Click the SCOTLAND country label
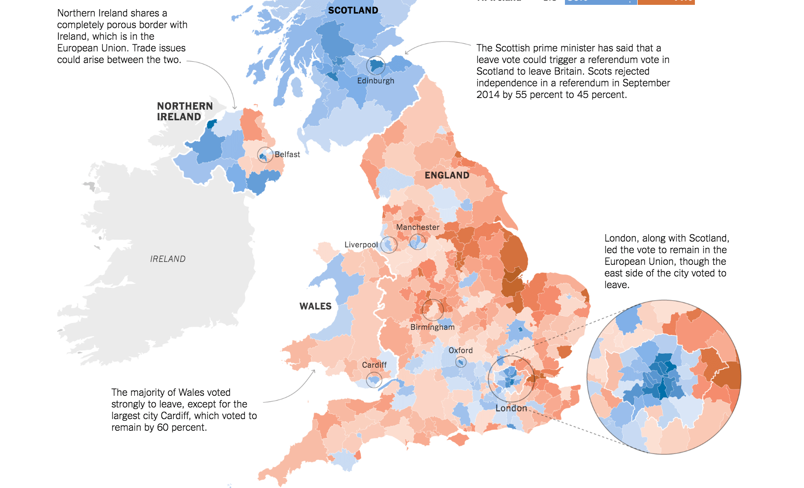click(353, 10)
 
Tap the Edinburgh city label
click(375, 81)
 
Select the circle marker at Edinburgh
click(375, 65)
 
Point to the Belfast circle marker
click(265, 155)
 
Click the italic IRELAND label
click(168, 259)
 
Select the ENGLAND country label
click(447, 175)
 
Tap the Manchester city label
click(418, 227)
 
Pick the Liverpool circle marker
click(388, 244)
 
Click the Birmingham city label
click(432, 327)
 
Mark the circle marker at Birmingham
click(433, 309)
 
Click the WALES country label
click(315, 306)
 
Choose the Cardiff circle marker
click(374, 380)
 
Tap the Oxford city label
click(460, 350)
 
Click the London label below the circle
click(511, 408)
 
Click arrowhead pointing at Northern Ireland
click(235, 107)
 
